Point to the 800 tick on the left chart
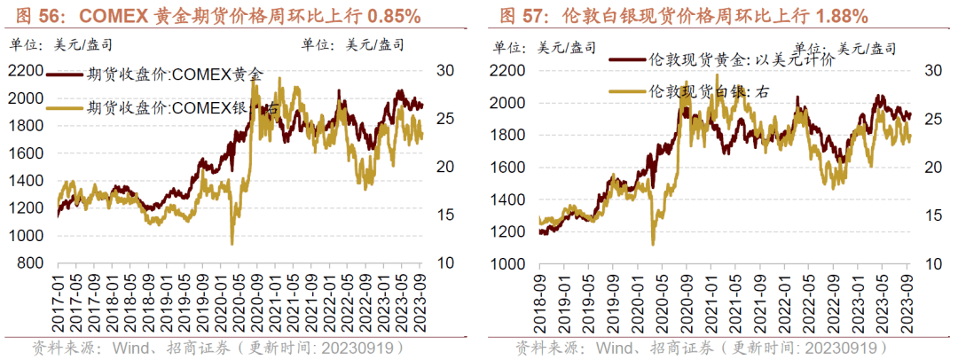point(28,263)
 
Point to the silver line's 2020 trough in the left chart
point(232,243)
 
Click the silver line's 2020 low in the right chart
point(654,244)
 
